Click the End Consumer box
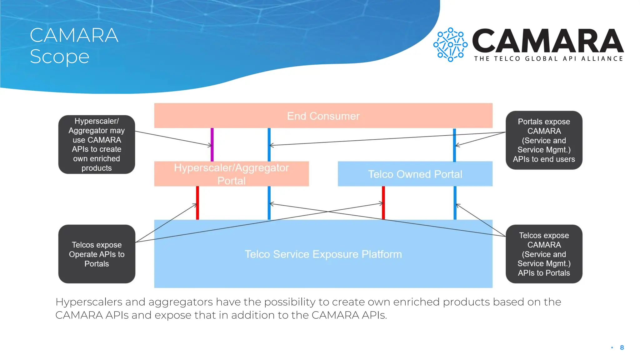coord(323,116)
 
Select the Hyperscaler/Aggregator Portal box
coord(231,174)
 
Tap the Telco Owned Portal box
coord(415,174)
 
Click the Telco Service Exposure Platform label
coord(323,254)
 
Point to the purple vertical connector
coord(212,144)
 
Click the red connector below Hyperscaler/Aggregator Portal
coord(197,203)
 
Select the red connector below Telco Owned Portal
coord(383,203)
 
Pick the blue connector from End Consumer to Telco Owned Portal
coord(454,144)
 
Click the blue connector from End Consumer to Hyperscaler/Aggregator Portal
coord(269,144)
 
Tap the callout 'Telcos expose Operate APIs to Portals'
coord(97,254)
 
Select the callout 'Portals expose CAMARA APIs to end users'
coord(544,140)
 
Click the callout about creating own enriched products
coord(97,144)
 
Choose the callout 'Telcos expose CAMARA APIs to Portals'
coord(544,254)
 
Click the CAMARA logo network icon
coord(450,45)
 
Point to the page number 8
coord(622,347)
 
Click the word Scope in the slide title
coord(60,57)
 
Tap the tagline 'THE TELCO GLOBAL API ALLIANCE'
coord(548,59)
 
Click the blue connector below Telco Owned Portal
coord(455,203)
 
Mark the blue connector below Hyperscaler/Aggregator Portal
coord(269,203)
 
